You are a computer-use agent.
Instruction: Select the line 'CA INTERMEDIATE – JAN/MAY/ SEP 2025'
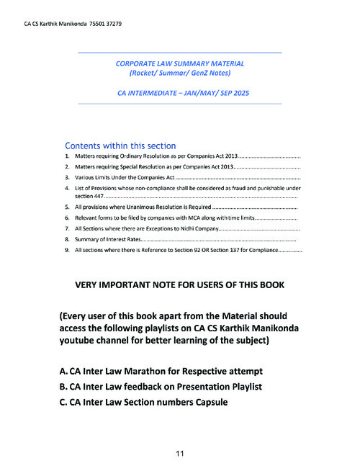[x=179, y=94]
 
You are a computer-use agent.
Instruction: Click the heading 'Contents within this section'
[x=120, y=145]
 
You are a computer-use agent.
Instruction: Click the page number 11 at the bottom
[x=180, y=452]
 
